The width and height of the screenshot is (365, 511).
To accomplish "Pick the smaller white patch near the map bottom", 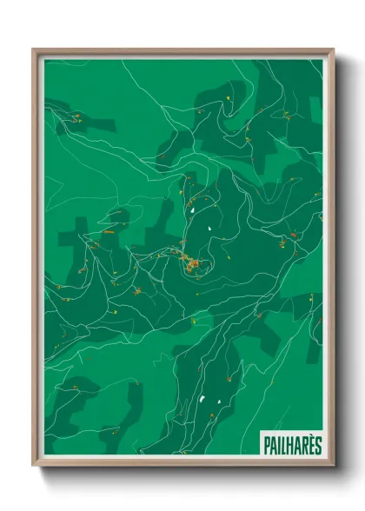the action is (217, 396).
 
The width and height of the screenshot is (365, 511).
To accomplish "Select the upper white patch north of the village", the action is (189, 209).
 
